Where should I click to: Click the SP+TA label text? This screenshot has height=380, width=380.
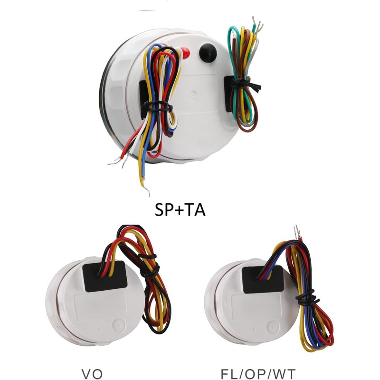[x=180, y=209]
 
